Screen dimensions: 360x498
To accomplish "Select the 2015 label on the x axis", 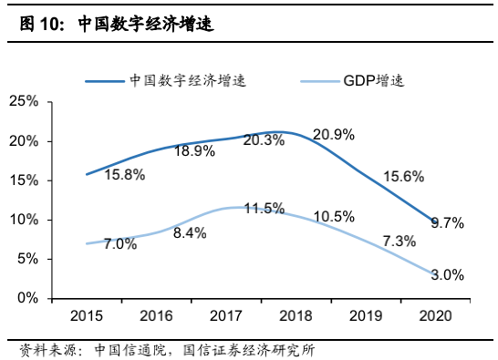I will click(86, 315).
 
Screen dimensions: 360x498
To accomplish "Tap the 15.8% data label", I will click(125, 175).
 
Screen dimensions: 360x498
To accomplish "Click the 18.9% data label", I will click(194, 151).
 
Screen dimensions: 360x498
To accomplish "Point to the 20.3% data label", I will click(265, 139).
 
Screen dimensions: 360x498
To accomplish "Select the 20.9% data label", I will click(333, 135).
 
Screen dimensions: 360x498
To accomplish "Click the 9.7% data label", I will click(447, 222).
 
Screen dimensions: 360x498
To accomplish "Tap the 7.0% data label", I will click(119, 244).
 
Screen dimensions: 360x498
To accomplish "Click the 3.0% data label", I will click(447, 274).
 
